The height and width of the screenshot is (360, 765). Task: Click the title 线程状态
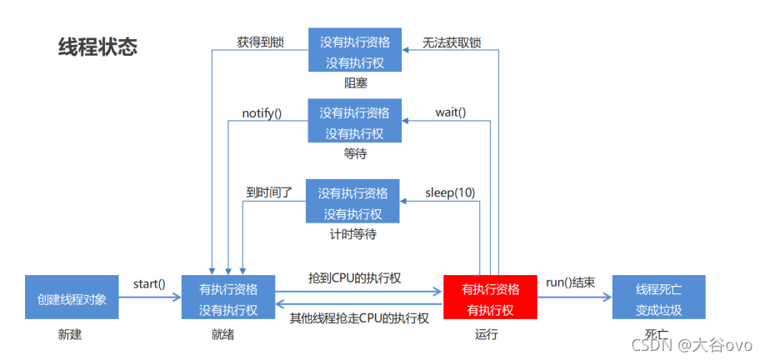98,47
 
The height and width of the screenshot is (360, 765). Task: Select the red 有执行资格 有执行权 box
490,298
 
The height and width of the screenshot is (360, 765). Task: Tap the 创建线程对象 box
72,298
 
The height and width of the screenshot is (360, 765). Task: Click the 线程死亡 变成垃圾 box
658,298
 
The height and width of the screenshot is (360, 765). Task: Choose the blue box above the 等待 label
354,122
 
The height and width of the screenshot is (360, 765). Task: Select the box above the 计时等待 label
352,202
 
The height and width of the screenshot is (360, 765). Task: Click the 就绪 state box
228,298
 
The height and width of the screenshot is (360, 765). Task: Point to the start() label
149,284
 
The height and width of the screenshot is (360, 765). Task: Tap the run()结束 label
570,282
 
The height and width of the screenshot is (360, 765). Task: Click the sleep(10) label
450,192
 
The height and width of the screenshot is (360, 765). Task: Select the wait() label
450,112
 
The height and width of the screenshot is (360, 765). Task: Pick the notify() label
262,112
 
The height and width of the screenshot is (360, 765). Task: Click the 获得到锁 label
261,41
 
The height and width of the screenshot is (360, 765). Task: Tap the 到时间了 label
268,192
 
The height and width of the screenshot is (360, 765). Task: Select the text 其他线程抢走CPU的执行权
359,318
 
